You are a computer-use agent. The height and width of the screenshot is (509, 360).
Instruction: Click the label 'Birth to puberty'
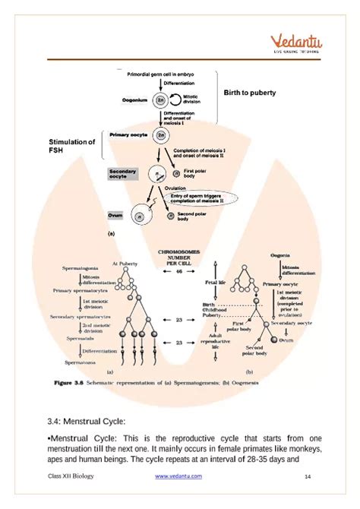tap(249, 93)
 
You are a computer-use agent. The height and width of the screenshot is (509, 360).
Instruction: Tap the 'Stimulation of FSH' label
tap(71, 147)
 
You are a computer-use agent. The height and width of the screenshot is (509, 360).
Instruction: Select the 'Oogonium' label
tap(136, 100)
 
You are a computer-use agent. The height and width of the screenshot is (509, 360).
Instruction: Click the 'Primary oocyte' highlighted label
tap(130, 134)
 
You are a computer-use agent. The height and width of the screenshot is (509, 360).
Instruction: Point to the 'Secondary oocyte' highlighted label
tap(122, 175)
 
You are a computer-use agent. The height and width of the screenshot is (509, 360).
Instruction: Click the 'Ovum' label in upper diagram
tap(116, 216)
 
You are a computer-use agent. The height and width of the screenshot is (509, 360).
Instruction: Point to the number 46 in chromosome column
tap(179, 270)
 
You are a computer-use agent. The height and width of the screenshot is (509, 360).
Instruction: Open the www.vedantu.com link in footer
tap(178, 476)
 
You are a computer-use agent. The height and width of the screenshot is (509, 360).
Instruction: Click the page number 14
tap(308, 476)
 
